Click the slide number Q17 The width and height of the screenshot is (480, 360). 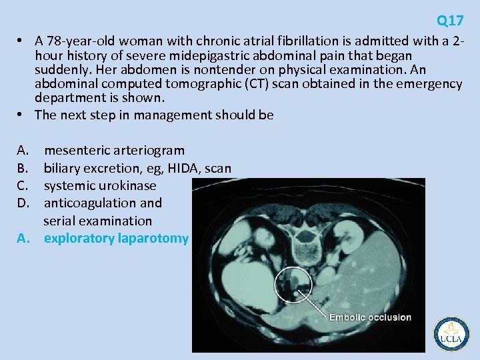(450, 21)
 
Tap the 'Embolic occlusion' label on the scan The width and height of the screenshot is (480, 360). (370, 317)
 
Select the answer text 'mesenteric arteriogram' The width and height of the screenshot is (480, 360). (114, 151)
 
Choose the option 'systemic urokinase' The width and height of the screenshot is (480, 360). (100, 185)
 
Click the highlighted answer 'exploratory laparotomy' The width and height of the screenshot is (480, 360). (116, 238)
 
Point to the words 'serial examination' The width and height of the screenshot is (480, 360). (98, 221)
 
